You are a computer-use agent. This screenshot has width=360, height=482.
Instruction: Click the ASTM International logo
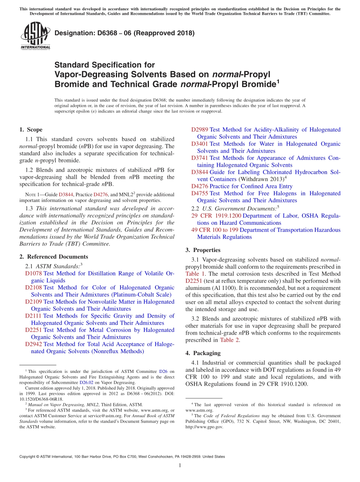click(x=35, y=36)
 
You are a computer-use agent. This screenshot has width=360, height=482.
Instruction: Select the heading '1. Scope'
click(x=31, y=130)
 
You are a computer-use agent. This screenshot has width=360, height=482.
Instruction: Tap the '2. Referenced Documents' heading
click(x=53, y=257)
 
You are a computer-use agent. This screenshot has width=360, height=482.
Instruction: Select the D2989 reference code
click(x=199, y=130)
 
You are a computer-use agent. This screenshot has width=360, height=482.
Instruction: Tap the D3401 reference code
click(x=199, y=144)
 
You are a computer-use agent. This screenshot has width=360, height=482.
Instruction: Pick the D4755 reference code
click(x=199, y=194)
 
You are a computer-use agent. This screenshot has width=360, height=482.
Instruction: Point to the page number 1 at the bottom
click(x=180, y=466)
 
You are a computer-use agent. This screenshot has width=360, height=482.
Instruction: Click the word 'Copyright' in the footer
click(x=28, y=457)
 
